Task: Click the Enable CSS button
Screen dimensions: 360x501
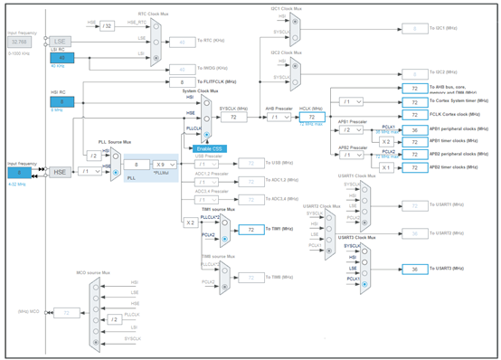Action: (211, 148)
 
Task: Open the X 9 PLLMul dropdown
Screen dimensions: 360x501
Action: (164, 165)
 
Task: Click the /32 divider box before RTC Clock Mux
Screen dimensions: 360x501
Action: (108, 25)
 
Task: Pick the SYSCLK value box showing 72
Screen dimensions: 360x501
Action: (233, 118)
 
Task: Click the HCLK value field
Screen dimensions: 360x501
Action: (311, 118)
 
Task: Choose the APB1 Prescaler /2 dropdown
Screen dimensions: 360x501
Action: (353, 129)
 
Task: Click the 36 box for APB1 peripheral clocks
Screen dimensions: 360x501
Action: (414, 129)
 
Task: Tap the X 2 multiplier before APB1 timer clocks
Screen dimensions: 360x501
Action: (386, 141)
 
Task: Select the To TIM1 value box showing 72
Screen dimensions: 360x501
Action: (250, 230)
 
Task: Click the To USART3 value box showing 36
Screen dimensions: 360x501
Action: (414, 270)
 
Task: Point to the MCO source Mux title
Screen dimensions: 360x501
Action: (93, 271)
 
